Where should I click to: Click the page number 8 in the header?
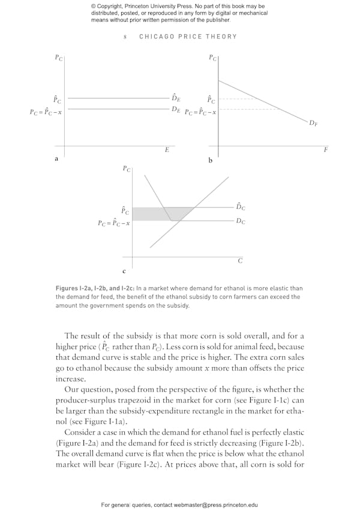tap(125, 37)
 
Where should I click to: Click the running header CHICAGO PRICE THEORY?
tap(188, 37)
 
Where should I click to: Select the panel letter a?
tap(56, 159)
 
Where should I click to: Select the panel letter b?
tap(210, 161)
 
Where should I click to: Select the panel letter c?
tap(124, 271)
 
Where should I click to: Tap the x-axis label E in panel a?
tap(167, 149)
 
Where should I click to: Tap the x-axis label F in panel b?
tap(326, 149)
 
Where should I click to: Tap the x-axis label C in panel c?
tap(240, 260)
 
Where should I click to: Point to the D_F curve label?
tap(313, 123)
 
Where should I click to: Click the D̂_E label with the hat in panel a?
tap(176, 98)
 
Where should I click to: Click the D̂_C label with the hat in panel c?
tap(240, 206)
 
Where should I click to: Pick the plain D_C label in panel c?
tap(240, 221)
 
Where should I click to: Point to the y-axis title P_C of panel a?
tap(59, 58)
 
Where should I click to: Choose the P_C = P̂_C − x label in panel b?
tap(200, 112)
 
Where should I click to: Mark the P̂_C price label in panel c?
tap(125, 211)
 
